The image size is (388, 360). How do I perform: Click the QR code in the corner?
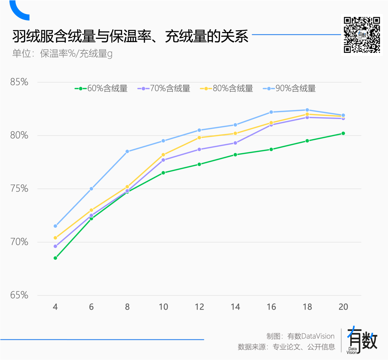click(x=362, y=35)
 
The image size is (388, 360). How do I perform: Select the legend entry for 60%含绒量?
click(x=101, y=88)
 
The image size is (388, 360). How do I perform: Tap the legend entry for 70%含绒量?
click(x=164, y=88)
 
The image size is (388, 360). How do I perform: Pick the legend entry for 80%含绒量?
click(x=227, y=88)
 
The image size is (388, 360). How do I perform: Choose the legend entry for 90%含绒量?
click(x=290, y=88)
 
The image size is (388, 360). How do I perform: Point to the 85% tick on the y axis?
click(x=19, y=82)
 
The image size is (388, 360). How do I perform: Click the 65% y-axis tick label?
click(x=19, y=295)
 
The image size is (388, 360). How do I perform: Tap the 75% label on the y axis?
click(x=19, y=189)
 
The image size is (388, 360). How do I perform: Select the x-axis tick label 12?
click(x=199, y=307)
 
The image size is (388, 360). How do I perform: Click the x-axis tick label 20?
click(x=343, y=307)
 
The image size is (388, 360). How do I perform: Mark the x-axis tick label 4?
click(x=55, y=307)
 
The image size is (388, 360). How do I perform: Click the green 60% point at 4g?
click(x=55, y=258)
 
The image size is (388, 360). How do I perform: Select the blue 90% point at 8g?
click(x=127, y=151)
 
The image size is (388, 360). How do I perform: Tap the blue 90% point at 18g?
click(x=307, y=110)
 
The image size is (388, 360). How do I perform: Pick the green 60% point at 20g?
click(x=343, y=133)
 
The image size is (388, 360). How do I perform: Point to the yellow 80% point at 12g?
click(x=199, y=137)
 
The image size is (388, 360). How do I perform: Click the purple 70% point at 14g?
click(x=235, y=143)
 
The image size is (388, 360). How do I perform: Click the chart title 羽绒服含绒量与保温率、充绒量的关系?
click(x=130, y=37)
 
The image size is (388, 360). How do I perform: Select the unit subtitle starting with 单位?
click(x=62, y=54)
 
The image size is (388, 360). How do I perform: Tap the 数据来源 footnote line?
click(x=286, y=347)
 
